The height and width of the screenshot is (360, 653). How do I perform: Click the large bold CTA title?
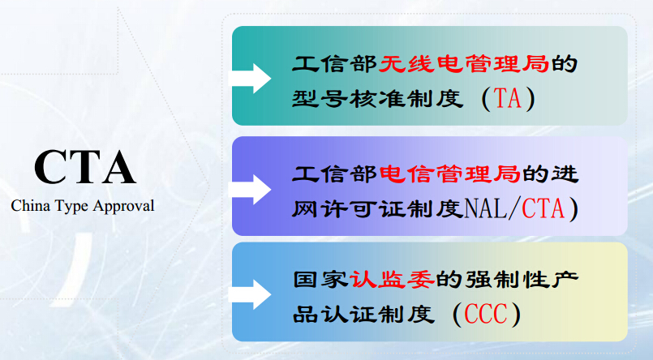click(85, 167)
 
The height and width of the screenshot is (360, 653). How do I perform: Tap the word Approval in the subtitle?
click(123, 207)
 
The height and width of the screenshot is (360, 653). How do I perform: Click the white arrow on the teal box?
click(250, 78)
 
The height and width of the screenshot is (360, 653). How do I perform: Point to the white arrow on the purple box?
click(250, 190)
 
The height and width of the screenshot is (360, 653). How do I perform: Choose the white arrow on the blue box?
click(250, 294)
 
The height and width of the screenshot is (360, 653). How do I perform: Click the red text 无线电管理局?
click(463, 64)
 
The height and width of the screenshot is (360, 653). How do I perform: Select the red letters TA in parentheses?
click(508, 99)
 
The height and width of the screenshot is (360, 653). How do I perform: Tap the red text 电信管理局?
click(449, 174)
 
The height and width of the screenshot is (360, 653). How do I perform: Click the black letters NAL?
click(485, 208)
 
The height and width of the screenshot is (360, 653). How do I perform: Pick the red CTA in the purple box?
click(543, 208)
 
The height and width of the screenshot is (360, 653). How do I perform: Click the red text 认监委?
click(392, 280)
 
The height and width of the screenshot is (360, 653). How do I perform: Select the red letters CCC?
click(486, 314)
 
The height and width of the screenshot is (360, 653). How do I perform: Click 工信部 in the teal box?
click(335, 64)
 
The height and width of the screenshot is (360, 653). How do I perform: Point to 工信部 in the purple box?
click(335, 174)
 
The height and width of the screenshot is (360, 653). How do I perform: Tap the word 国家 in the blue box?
click(320, 280)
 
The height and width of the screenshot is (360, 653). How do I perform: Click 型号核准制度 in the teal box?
click(377, 99)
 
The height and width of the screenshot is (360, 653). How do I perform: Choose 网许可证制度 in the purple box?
click(377, 208)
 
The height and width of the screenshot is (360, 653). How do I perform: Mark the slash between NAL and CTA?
click(514, 208)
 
